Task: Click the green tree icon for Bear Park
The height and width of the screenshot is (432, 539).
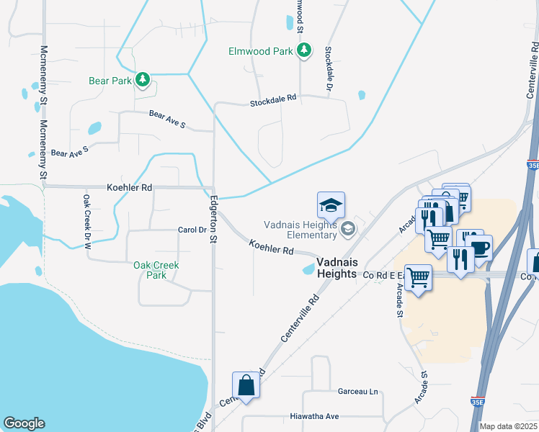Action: [x=143, y=81]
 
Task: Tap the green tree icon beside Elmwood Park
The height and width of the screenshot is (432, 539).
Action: [x=305, y=50]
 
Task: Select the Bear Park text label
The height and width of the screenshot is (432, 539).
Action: [x=110, y=81]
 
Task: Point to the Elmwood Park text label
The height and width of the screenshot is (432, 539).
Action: [x=260, y=51]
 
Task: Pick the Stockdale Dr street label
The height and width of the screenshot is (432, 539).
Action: [x=329, y=68]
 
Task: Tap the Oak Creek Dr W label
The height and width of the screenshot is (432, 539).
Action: [x=86, y=221]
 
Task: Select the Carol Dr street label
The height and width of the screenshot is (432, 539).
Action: [x=192, y=230]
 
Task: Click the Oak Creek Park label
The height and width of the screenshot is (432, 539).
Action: [x=156, y=270]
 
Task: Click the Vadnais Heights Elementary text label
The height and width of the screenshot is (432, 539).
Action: [x=301, y=230]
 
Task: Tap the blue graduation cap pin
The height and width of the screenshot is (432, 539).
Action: [x=331, y=205]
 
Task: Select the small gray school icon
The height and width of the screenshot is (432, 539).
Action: [x=348, y=230]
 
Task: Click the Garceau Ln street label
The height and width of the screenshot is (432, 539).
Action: [x=357, y=391]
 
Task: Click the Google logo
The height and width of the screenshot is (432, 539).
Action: [x=24, y=423]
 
